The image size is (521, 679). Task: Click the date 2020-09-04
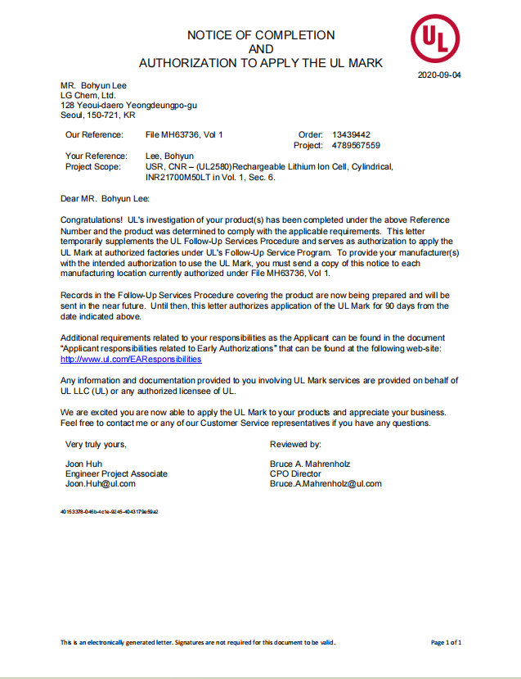click(440, 75)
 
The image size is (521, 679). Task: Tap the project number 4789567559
click(356, 145)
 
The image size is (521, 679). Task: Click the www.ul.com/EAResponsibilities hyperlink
click(131, 359)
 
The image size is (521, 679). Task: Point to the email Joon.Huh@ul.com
click(101, 483)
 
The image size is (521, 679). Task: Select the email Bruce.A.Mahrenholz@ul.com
click(326, 483)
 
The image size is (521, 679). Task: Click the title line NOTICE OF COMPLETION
click(261, 35)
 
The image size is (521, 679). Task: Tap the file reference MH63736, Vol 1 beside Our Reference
click(184, 134)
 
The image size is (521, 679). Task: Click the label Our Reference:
click(94, 134)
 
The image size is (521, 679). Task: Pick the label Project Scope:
click(96, 166)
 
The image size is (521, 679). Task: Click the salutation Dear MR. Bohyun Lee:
click(106, 197)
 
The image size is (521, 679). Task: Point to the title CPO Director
click(295, 473)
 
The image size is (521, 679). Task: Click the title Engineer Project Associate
click(116, 473)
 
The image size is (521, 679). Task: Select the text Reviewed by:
click(295, 444)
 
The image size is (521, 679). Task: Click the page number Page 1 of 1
click(447, 643)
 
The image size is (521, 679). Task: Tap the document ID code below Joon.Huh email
click(110, 511)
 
